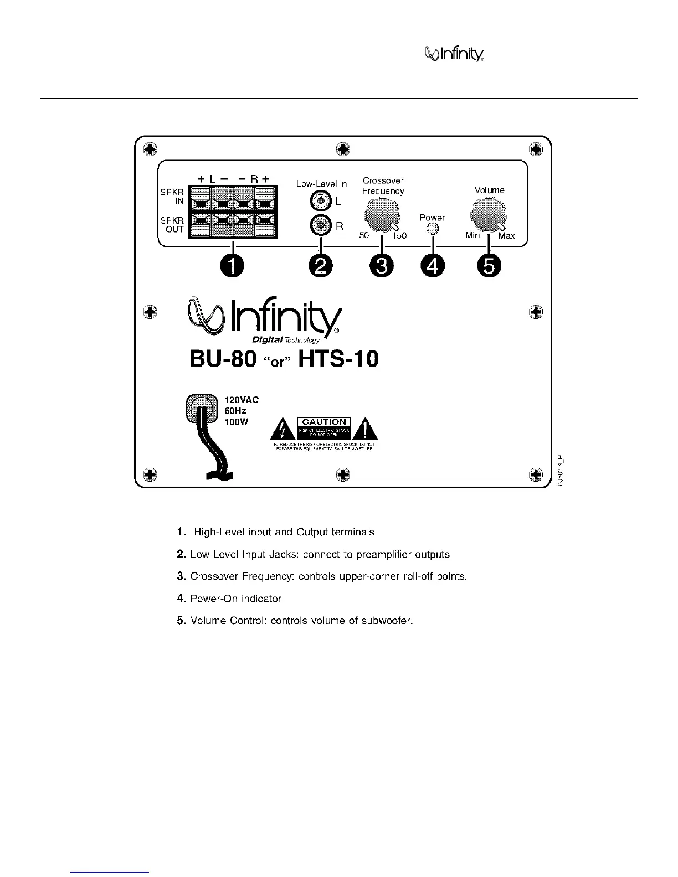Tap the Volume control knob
(488, 214)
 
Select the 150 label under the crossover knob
(399, 236)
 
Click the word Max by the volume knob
(506, 236)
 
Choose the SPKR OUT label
(172, 225)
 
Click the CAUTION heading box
(324, 422)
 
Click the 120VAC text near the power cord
(242, 400)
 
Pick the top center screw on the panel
(343, 148)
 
